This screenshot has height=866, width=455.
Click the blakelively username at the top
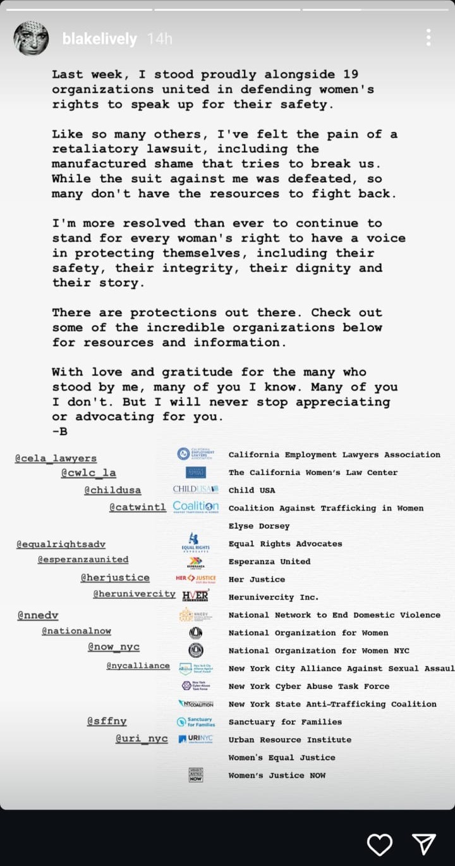99,39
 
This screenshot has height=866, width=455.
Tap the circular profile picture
31,39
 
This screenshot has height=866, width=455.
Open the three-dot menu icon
428,37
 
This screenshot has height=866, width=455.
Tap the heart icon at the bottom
380,844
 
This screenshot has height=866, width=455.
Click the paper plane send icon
423,844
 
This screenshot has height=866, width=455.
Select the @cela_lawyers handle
56,458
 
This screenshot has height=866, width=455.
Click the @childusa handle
112,490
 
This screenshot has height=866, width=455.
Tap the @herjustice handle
115,578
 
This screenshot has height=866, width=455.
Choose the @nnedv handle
38,614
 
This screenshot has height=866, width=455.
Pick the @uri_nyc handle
142,739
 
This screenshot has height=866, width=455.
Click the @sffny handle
107,721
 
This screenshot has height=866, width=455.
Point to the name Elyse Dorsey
259,526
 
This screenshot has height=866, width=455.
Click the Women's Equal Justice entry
282,757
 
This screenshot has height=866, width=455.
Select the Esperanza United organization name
269,561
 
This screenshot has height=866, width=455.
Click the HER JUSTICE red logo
196,578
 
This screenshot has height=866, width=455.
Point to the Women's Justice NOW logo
196,775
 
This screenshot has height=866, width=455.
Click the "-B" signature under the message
60,431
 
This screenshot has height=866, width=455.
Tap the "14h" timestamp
159,39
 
